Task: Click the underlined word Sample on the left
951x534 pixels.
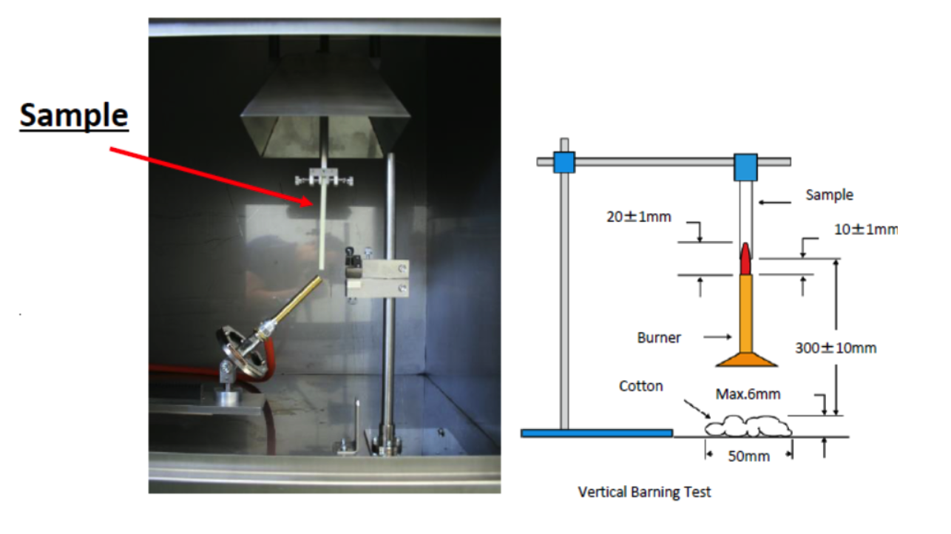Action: (74, 116)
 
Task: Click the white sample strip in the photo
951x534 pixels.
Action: (324, 229)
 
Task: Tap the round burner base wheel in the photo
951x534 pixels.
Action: (240, 354)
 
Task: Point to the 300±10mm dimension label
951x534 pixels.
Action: (836, 347)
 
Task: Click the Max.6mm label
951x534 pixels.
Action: (748, 394)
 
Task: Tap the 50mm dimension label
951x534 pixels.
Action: (748, 456)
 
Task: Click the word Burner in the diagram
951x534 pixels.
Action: (659, 338)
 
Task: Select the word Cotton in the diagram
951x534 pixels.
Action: (640, 386)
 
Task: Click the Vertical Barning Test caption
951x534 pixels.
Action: (644, 492)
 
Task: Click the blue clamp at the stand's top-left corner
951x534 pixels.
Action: (564, 162)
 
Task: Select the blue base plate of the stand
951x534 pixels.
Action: (597, 433)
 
